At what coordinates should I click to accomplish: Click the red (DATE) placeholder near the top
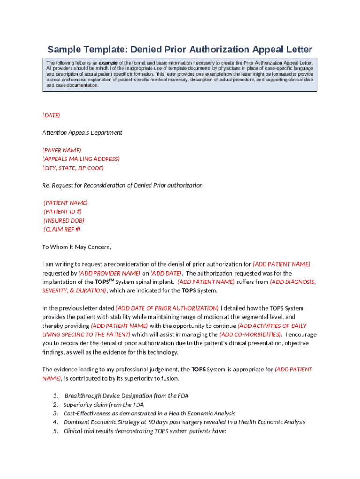[x=51, y=115]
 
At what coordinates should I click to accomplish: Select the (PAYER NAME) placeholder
[x=62, y=150]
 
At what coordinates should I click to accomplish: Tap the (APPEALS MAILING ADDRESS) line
[x=81, y=159]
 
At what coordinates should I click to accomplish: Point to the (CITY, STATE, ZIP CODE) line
[x=73, y=168]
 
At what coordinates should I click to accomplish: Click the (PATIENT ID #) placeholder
[x=63, y=212]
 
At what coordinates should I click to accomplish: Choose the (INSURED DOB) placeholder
[x=64, y=220]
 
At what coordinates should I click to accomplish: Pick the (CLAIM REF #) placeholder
[x=62, y=229]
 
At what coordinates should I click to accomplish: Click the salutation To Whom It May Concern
[x=77, y=247]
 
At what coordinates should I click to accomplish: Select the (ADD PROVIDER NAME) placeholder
[x=109, y=273]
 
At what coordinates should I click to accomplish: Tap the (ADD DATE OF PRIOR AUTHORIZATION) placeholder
[x=167, y=308]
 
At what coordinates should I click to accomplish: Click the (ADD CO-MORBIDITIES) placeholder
[x=250, y=334]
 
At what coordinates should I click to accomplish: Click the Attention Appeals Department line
[x=82, y=133]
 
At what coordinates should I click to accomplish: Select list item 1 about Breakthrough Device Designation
[x=126, y=396]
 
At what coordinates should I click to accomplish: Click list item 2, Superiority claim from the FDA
[x=103, y=405]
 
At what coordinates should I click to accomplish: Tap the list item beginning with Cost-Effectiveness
[x=149, y=414]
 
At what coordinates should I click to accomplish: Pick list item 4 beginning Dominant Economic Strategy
[x=184, y=422]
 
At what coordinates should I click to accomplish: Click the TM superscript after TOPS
[x=112, y=280]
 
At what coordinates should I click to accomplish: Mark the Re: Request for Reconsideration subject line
[x=122, y=185]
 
